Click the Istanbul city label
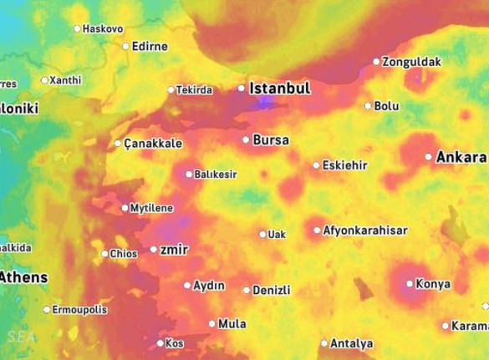tap(280, 89)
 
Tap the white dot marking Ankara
tap(429, 156)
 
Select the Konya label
tap(433, 284)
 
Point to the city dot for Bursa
tap(246, 139)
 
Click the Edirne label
tap(150, 46)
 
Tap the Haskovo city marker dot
tap(77, 28)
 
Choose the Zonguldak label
tap(410, 61)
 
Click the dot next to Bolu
tap(368, 106)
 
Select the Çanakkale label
tap(153, 144)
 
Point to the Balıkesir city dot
tap(189, 175)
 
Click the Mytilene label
tap(150, 208)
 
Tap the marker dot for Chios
tap(104, 254)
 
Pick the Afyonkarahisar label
tap(365, 231)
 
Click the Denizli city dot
tap(246, 291)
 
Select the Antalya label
tap(352, 343)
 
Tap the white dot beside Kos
tap(160, 343)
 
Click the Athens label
tap(23, 277)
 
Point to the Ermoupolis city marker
tap(47, 310)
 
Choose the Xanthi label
tap(65, 80)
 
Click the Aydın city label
tap(209, 286)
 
